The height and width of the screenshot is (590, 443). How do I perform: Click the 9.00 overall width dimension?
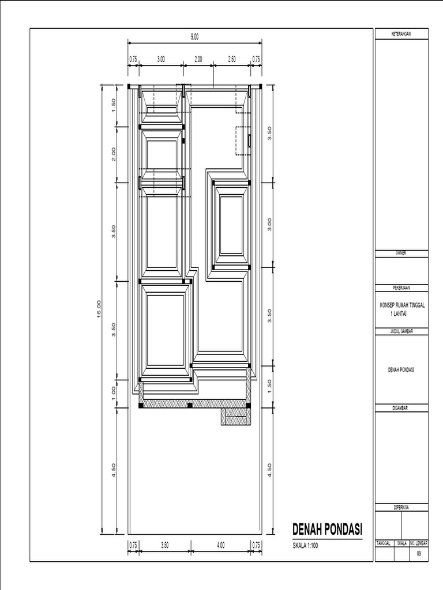[x=194, y=36]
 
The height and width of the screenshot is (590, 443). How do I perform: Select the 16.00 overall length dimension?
[x=99, y=309]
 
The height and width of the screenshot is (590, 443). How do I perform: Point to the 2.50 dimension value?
[x=232, y=59]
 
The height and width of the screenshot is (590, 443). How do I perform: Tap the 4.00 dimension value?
[x=221, y=545]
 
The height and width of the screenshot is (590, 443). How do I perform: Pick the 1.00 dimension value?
[x=114, y=392]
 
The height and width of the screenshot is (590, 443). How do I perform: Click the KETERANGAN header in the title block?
[x=401, y=34]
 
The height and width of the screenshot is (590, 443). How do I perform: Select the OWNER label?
[x=401, y=254]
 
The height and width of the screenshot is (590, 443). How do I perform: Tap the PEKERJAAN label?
[x=401, y=288]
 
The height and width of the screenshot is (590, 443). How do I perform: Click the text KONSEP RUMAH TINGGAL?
[x=402, y=305]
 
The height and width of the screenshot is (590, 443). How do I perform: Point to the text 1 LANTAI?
[x=398, y=313]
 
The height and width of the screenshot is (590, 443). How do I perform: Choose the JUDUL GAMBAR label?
[x=401, y=331]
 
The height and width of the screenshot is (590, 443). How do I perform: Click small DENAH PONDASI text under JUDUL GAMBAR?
[x=401, y=370]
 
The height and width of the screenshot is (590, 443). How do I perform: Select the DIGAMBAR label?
[x=400, y=408]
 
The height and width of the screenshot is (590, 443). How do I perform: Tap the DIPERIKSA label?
[x=401, y=507]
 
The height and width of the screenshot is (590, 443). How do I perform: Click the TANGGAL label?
[x=384, y=543]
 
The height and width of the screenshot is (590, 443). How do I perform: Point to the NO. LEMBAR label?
[x=419, y=543]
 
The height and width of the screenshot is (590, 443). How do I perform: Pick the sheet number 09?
[x=419, y=554]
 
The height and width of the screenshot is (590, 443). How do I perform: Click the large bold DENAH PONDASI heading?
[x=328, y=530]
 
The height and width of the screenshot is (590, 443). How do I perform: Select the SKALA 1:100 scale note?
[x=305, y=546]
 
